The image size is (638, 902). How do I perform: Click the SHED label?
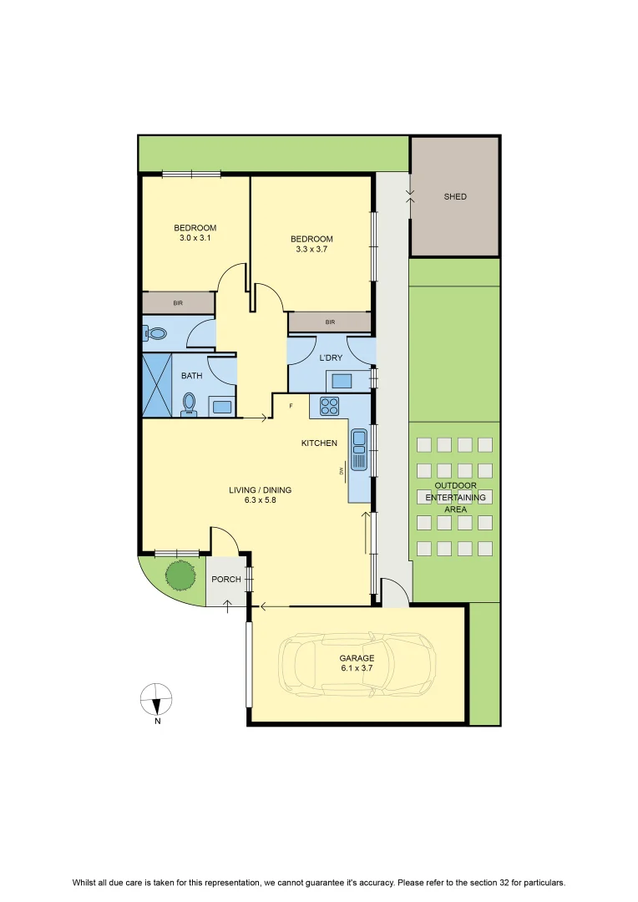click(x=455, y=197)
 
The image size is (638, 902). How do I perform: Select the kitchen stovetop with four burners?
click(x=330, y=406)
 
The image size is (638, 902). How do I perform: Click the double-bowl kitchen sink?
click(x=359, y=450)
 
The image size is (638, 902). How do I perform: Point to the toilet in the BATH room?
click(x=189, y=404)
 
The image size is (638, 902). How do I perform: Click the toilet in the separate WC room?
click(x=155, y=333)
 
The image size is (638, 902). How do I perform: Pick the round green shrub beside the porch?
click(x=180, y=575)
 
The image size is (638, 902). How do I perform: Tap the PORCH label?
click(x=226, y=580)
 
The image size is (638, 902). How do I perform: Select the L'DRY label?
click(x=331, y=357)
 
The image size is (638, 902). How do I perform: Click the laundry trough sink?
click(x=342, y=381)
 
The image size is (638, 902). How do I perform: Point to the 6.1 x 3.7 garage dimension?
click(x=357, y=668)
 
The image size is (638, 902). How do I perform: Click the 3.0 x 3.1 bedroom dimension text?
click(x=195, y=237)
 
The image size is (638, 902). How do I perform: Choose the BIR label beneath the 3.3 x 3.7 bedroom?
click(x=330, y=322)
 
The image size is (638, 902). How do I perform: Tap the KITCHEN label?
click(x=319, y=443)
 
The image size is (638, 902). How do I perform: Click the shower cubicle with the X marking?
click(x=157, y=385)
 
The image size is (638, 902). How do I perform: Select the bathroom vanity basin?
click(x=221, y=407)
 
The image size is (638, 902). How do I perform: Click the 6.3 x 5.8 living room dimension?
click(x=260, y=500)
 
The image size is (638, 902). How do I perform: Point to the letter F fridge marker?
click(x=291, y=406)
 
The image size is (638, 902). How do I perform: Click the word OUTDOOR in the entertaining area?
click(x=456, y=485)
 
